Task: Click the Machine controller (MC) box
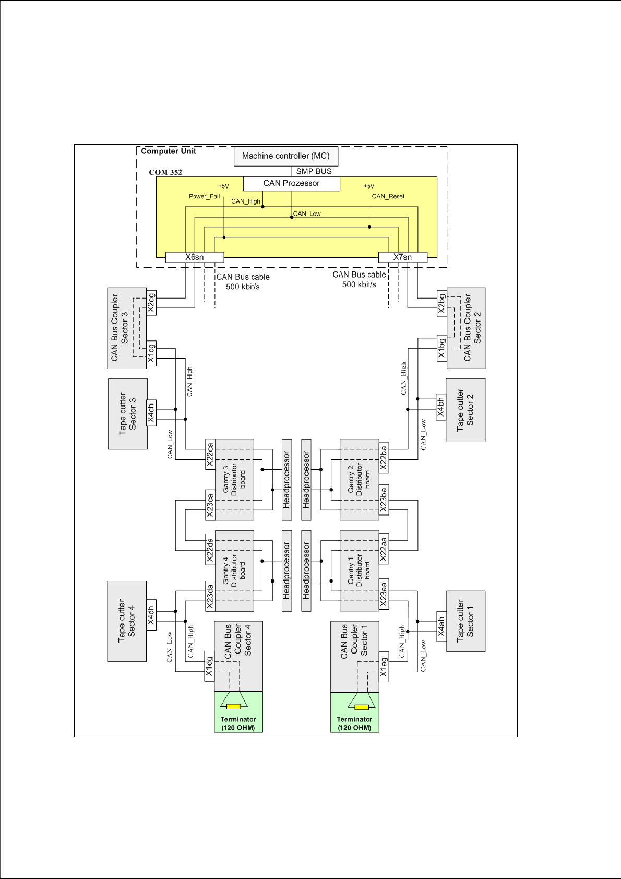click(285, 156)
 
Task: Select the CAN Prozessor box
click(291, 183)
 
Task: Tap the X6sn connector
click(195, 257)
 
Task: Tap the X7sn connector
click(402, 257)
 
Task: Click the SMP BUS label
click(314, 171)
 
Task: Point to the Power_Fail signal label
click(204, 196)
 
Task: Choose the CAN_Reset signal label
click(388, 196)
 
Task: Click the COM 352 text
click(165, 172)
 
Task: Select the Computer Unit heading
click(168, 151)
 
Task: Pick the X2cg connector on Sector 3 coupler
click(151, 303)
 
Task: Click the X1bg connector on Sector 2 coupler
click(441, 348)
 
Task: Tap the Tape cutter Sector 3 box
click(128, 414)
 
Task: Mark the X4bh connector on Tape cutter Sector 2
click(441, 407)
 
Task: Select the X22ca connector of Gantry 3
click(210, 454)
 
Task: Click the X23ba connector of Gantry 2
click(384, 500)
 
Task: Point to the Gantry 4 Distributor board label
click(234, 571)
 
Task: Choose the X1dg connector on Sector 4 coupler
click(209, 667)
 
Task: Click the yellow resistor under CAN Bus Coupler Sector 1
click(361, 707)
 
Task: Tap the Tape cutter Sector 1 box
click(465, 621)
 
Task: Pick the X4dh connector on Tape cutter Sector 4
click(151, 615)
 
